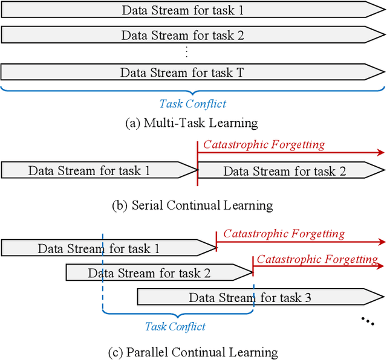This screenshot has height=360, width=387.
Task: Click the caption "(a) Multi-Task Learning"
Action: (191, 123)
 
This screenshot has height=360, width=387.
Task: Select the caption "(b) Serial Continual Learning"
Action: (192, 205)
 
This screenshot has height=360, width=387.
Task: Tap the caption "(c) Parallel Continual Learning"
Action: (192, 352)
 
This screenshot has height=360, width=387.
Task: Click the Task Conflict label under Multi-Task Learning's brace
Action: (192, 103)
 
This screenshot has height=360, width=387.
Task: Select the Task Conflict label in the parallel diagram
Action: (175, 327)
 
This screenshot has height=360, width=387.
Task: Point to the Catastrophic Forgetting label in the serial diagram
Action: (264, 144)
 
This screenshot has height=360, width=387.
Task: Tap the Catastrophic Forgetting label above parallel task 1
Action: (284, 234)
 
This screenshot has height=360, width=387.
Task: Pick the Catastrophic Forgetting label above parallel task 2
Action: (317, 259)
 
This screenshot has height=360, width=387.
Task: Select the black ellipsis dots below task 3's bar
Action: (367, 320)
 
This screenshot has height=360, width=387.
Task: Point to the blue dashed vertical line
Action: (103, 272)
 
